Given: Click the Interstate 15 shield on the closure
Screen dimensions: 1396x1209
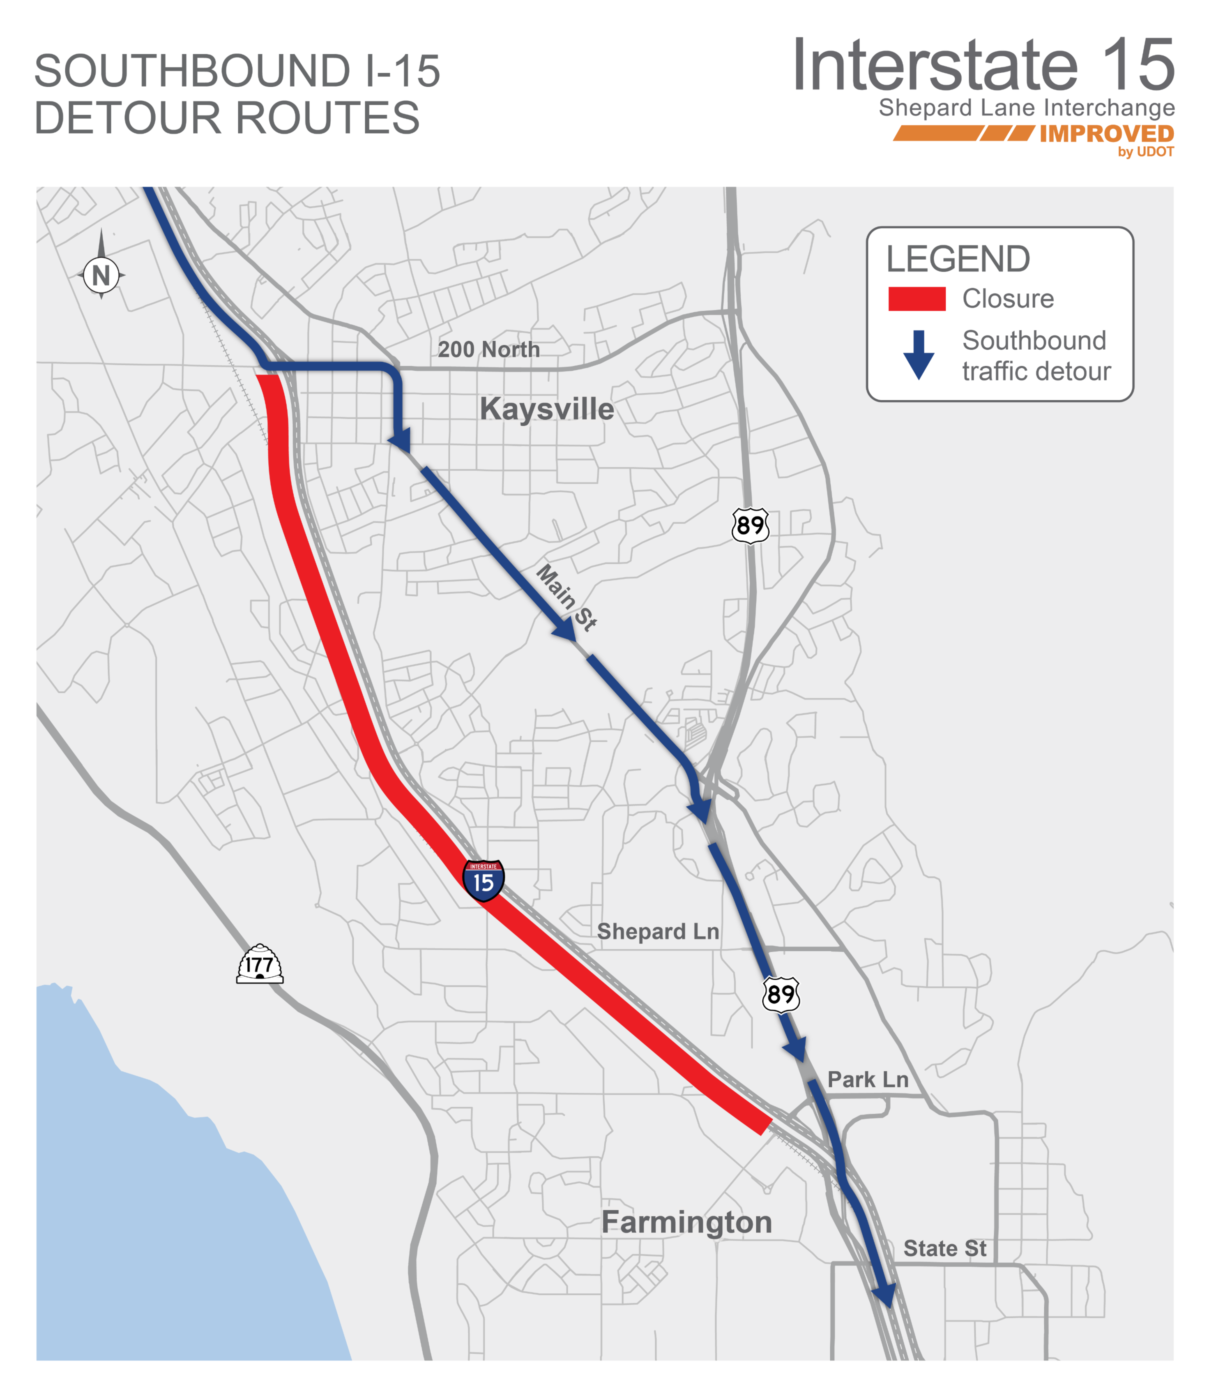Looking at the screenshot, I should pos(483,881).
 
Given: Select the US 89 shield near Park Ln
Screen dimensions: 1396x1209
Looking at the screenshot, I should pos(781,994).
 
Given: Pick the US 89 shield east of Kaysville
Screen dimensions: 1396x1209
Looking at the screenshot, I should pos(750,525).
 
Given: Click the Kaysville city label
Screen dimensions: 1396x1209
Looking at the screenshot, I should pos(546,409).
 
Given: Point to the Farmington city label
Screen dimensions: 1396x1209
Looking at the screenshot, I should pos(686,1222).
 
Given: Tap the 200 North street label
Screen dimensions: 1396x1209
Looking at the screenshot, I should pos(488,349).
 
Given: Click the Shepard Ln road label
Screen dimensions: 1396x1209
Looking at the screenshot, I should pos(658,931).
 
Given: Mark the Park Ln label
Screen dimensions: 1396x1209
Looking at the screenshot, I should pos(868,1080).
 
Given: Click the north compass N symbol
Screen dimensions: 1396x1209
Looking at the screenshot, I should pos(101,275).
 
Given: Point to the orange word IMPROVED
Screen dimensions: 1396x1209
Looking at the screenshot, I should pos(1106,134).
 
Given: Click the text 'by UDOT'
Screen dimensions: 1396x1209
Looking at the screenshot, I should pos(1146,152).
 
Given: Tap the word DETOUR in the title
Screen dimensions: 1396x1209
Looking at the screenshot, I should pos(128,118).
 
